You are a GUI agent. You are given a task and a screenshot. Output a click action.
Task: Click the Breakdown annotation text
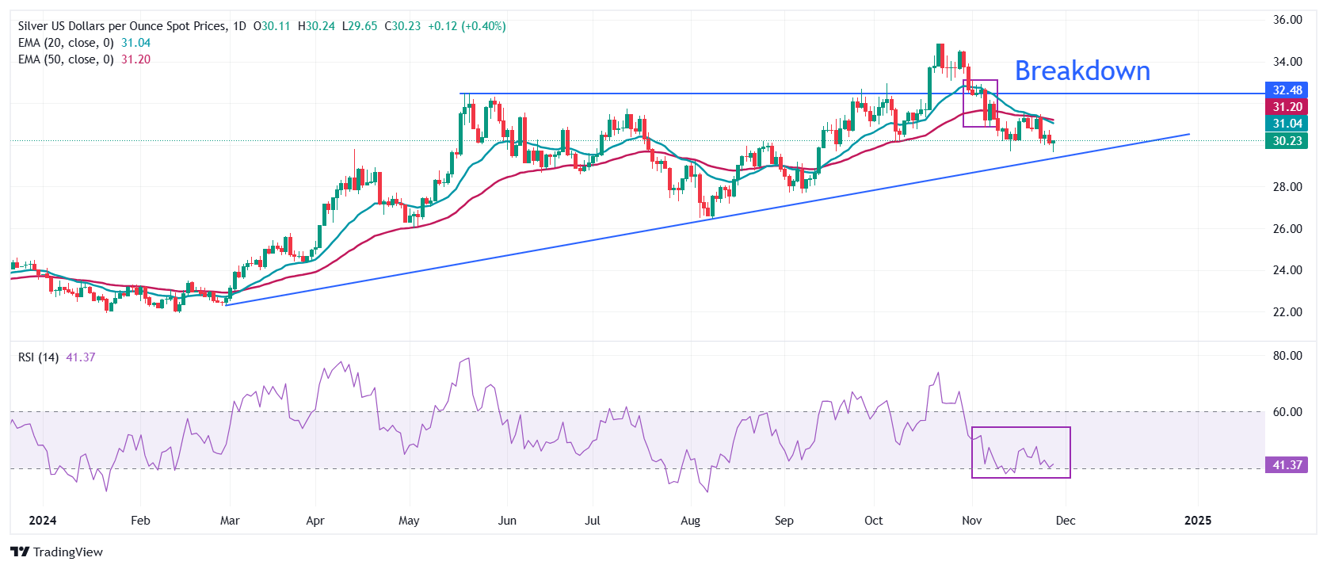click(x=1082, y=71)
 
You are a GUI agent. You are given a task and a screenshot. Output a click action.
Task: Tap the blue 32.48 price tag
click(x=1287, y=90)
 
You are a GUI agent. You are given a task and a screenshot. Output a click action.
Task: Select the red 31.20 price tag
click(x=1287, y=107)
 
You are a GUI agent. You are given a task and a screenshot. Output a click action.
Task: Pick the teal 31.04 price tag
click(x=1287, y=124)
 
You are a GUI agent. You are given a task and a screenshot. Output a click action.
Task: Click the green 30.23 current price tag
click(x=1287, y=141)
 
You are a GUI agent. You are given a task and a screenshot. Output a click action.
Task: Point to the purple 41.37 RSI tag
click(x=1287, y=465)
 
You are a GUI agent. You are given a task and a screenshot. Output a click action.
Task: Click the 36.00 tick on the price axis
click(x=1287, y=20)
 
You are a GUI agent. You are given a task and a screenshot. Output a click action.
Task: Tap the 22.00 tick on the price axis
click(x=1287, y=312)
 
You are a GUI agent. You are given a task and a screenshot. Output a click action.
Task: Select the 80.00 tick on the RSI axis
click(x=1287, y=356)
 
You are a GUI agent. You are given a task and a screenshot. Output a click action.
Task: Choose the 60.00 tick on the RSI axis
click(x=1287, y=412)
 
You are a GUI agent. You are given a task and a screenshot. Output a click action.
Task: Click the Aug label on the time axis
click(x=690, y=521)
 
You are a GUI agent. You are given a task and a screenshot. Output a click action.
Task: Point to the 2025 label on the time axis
click(x=1197, y=521)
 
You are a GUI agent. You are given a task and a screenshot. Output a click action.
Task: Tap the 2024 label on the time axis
click(x=42, y=521)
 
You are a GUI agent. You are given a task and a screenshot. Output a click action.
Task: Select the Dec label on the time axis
click(x=1066, y=521)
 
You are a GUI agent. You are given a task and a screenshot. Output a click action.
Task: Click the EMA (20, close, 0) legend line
click(x=66, y=43)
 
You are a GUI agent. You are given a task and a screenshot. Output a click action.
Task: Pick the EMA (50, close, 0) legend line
click(x=66, y=59)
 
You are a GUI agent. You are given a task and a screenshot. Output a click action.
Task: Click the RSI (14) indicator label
click(x=38, y=357)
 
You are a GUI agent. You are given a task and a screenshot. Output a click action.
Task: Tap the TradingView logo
click(x=57, y=552)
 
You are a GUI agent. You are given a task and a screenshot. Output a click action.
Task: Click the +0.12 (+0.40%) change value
click(x=467, y=26)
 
